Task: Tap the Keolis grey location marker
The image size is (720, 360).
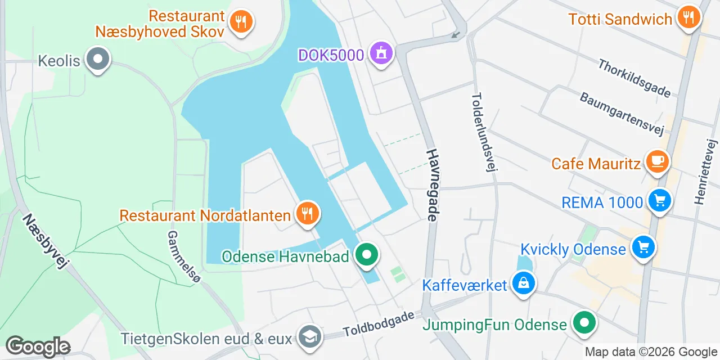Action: pyautogui.click(x=98, y=59)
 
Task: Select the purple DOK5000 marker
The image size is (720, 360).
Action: pyautogui.click(x=381, y=54)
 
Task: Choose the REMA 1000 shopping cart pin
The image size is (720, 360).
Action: pyautogui.click(x=660, y=200)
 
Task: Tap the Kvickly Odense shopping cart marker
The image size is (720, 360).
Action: pyautogui.click(x=643, y=247)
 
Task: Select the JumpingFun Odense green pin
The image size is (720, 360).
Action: pyautogui.click(x=584, y=323)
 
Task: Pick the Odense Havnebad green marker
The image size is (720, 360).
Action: pyautogui.click(x=367, y=255)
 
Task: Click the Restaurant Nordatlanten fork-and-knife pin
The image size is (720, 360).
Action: pyautogui.click(x=307, y=213)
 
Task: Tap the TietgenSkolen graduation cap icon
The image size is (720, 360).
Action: pyautogui.click(x=309, y=337)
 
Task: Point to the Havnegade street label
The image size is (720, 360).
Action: pyautogui.click(x=432, y=184)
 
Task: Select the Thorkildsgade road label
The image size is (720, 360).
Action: pyautogui.click(x=634, y=78)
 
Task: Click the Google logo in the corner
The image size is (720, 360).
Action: pyautogui.click(x=38, y=346)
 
